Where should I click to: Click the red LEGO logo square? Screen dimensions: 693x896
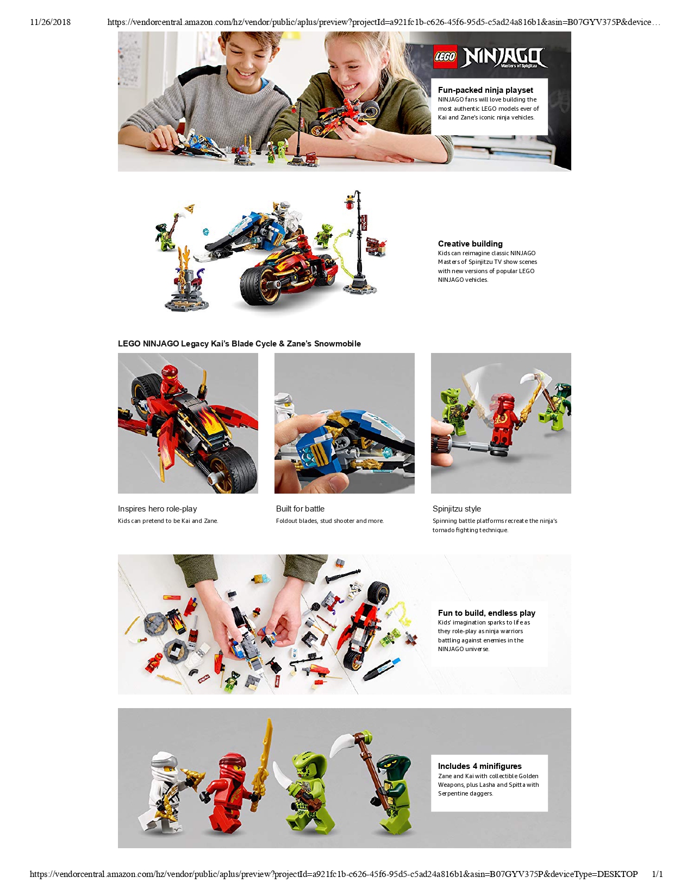click(445, 56)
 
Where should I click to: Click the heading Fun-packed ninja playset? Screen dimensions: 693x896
click(485, 90)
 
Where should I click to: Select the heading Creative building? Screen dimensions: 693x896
click(470, 244)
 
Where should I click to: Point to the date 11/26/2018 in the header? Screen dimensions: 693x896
click(51, 22)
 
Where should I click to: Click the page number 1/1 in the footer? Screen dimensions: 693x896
click(657, 874)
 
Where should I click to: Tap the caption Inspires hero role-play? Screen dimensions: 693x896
click(157, 509)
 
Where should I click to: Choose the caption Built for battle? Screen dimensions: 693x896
click(300, 509)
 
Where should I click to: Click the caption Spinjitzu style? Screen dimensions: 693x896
click(457, 509)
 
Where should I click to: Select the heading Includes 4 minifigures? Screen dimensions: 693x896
click(479, 766)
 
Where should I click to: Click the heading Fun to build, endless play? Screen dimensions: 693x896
click(486, 613)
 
